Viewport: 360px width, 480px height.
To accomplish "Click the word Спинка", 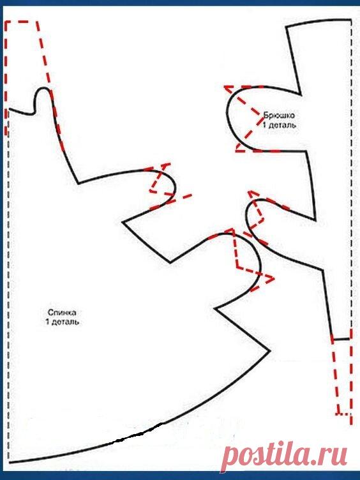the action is [62, 313].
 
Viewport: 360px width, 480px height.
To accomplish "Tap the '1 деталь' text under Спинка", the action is [63, 322].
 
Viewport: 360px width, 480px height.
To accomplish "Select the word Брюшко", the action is [279, 116].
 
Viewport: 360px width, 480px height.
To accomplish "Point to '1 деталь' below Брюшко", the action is [279, 125].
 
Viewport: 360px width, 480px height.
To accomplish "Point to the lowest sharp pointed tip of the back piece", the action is [270, 351].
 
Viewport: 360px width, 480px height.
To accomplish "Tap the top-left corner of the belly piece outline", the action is [287, 27].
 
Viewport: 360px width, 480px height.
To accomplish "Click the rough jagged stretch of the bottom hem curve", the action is [138, 434].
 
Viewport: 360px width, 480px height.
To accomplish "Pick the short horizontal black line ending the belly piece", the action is [341, 339].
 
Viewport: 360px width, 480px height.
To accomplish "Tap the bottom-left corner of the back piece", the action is [9, 462].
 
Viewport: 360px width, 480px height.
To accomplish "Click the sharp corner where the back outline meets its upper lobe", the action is [79, 183].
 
